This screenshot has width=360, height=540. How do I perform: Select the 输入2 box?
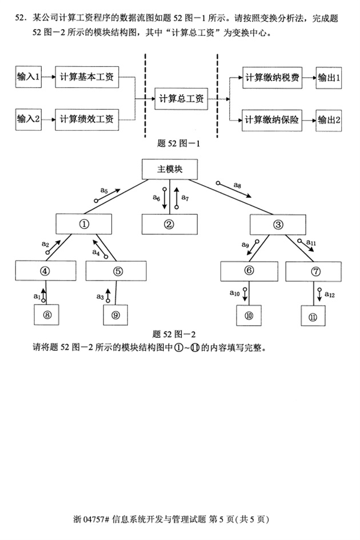tap(29, 119)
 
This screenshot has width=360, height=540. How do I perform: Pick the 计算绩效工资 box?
tap(87, 119)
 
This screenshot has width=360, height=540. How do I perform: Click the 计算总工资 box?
tap(181, 99)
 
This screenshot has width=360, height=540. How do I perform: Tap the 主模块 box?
tap(169, 169)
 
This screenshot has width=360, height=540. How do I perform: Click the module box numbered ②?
tap(169, 224)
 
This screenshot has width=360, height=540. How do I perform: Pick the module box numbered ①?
tap(84, 224)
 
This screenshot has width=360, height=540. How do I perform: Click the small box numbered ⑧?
tap(47, 314)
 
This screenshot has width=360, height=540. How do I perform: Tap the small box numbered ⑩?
tap(250, 315)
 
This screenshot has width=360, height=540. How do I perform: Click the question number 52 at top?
tap(21, 19)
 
